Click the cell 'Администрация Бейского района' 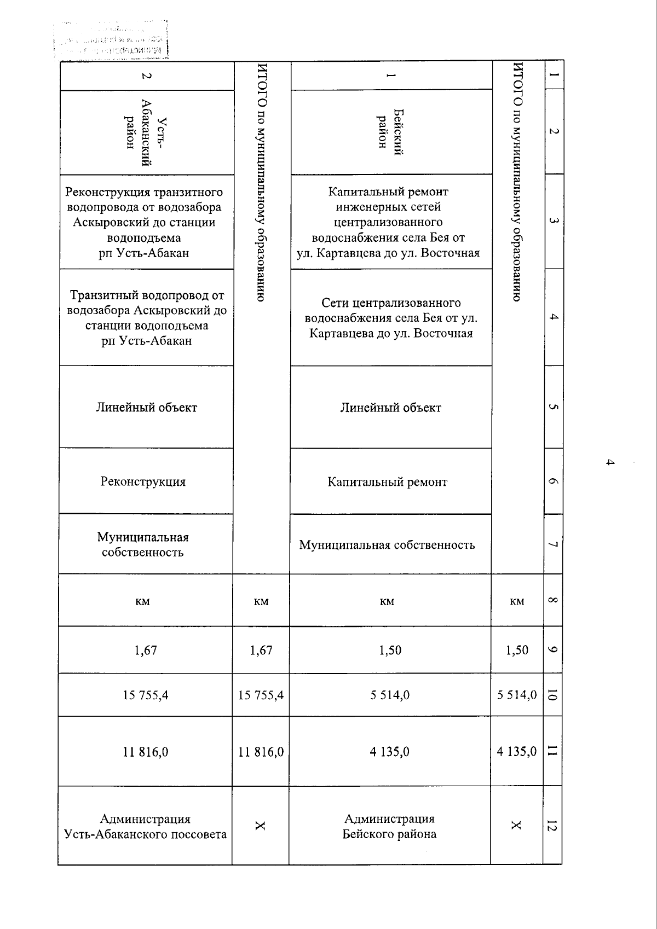click(389, 826)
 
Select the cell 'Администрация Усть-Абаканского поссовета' click(145, 826)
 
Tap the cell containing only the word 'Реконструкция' click(143, 481)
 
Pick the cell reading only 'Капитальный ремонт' click(388, 482)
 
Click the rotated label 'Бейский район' click(389, 132)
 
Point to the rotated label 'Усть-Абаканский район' click(146, 132)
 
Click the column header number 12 click(552, 826)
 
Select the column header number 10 click(552, 695)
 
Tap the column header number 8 click(552, 600)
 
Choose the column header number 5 click(553, 407)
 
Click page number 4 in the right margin click(609, 462)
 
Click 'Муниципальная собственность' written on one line click(387, 545)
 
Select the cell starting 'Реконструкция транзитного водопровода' click(144, 222)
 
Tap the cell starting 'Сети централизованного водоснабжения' click(391, 318)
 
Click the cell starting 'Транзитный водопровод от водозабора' click(147, 318)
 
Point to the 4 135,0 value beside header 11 click(516, 751)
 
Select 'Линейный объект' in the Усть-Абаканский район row click(146, 408)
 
